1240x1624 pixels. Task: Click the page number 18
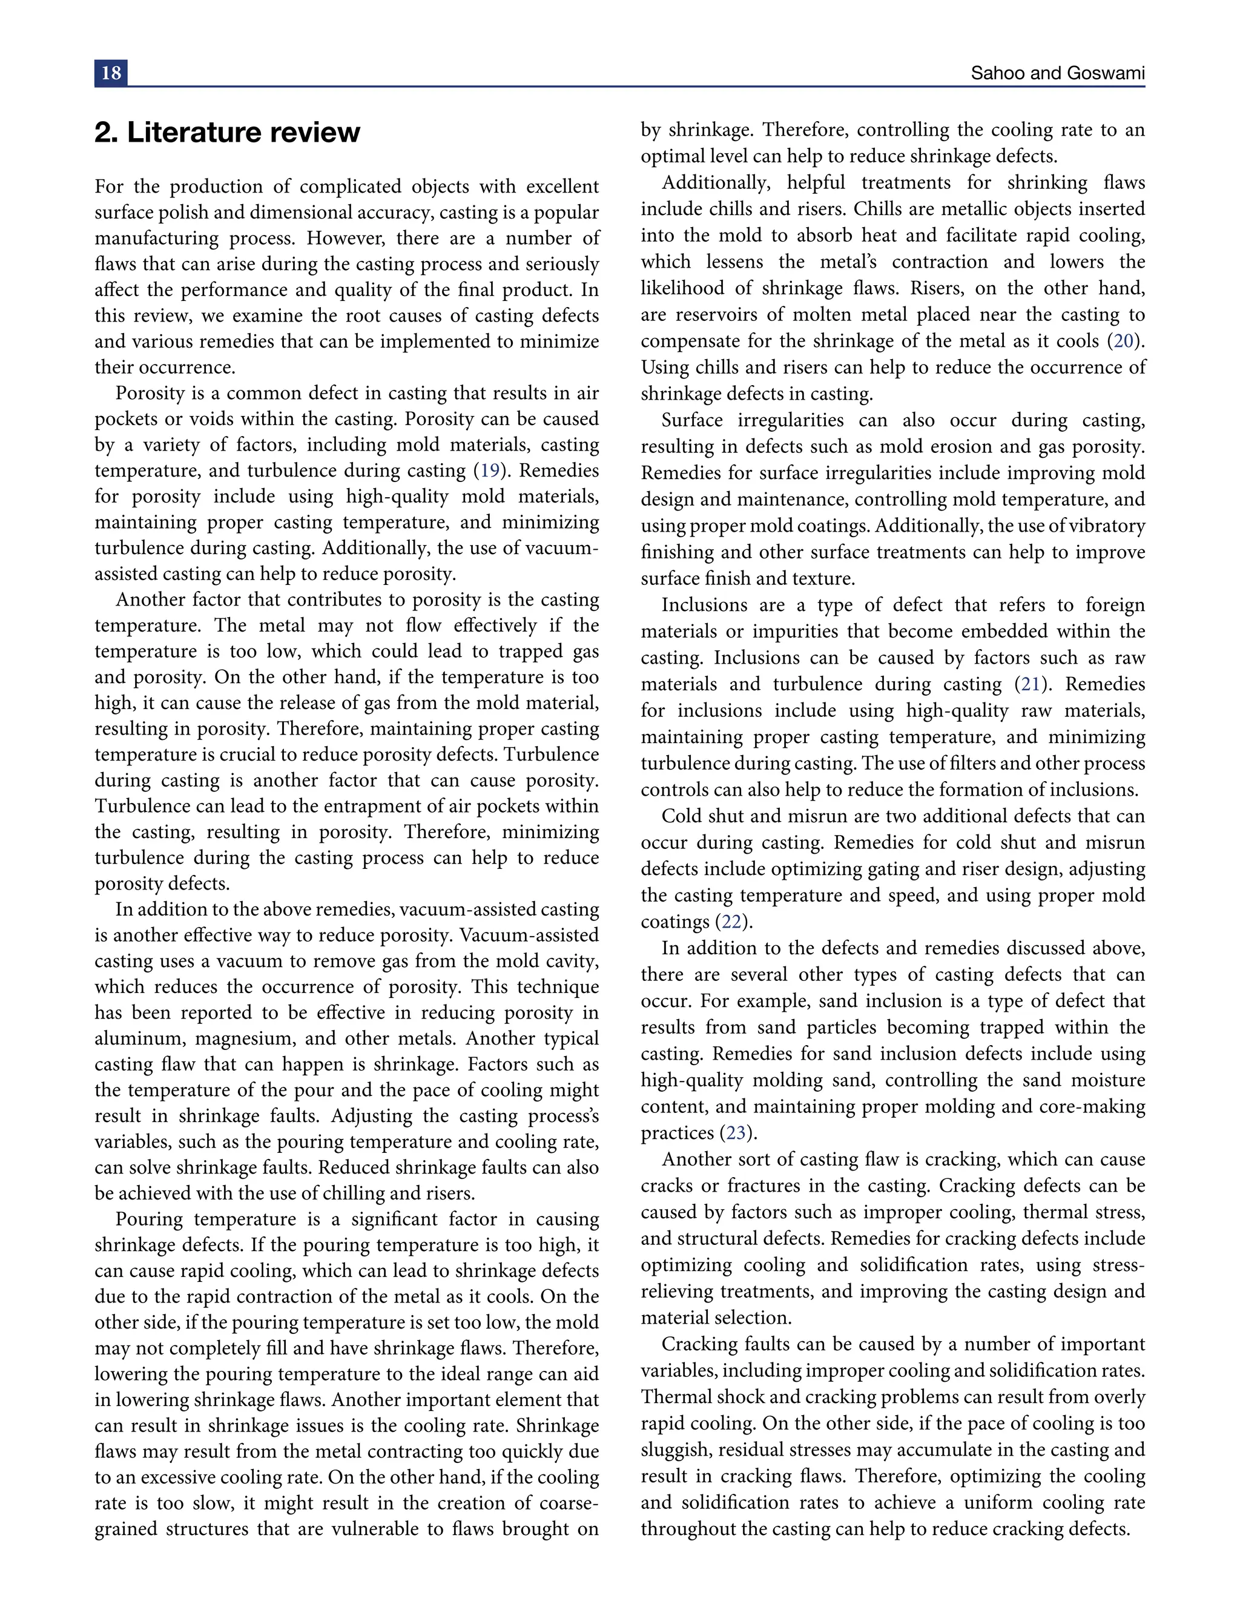click(x=111, y=73)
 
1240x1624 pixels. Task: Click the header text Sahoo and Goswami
click(x=1057, y=73)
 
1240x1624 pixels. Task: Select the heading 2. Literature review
click(x=227, y=133)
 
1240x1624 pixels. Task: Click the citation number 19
click(x=490, y=471)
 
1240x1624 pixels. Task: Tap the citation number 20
click(x=1123, y=341)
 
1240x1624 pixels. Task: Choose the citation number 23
click(x=734, y=1133)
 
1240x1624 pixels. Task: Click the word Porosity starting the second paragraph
click(x=150, y=394)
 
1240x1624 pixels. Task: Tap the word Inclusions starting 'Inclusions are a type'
click(x=704, y=606)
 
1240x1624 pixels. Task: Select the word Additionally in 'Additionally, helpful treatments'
click(x=713, y=183)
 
